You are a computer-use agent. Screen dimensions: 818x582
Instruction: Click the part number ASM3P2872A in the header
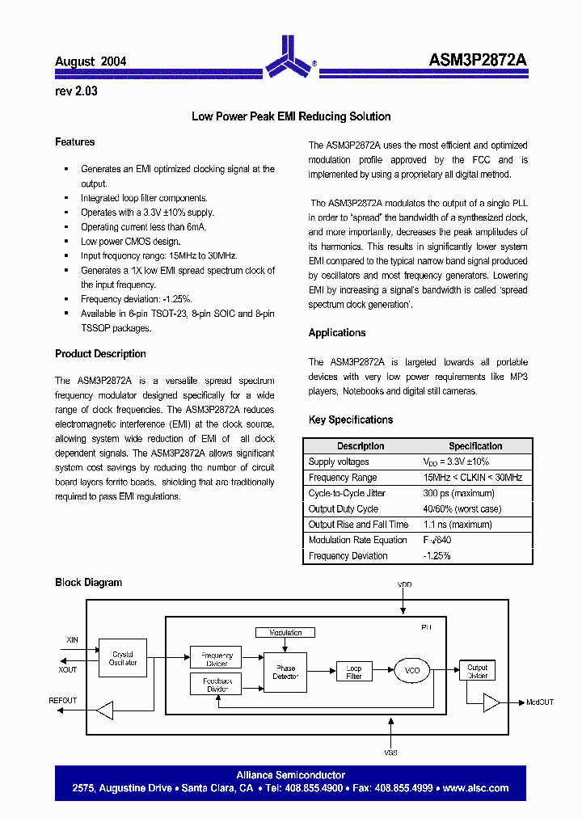point(478,61)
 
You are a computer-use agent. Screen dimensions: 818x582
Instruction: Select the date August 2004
point(91,61)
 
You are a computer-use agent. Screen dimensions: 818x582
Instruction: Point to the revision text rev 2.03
point(76,91)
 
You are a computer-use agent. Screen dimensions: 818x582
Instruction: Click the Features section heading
point(74,142)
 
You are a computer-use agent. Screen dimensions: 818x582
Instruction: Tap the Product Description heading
point(100,354)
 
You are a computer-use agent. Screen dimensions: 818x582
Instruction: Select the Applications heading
point(337,333)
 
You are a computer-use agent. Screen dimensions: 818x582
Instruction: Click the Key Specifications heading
point(351,420)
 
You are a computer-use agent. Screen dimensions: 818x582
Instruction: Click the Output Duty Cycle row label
point(344,509)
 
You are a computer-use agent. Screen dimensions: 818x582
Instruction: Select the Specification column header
point(475,446)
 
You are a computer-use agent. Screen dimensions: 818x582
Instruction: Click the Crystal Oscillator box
point(123,659)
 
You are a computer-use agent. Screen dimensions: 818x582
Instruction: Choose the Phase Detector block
point(285,673)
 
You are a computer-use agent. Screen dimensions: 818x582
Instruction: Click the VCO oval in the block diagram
point(412,670)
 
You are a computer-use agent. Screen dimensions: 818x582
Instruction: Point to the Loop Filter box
point(354,671)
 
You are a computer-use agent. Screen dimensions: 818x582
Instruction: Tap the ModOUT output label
point(540,702)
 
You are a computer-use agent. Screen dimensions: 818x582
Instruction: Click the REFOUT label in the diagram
point(63,701)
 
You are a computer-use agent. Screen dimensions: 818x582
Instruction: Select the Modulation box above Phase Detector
point(285,633)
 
